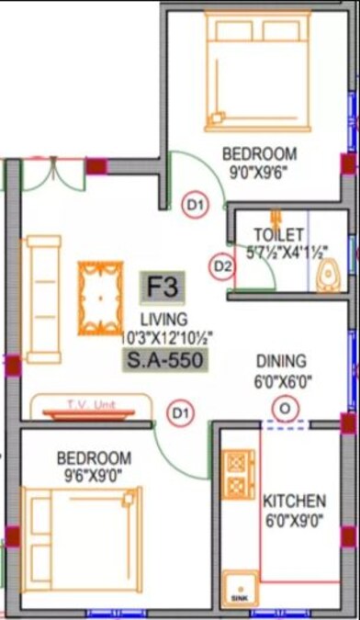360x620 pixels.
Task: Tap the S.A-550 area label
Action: [164, 359]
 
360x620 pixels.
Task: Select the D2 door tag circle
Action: [221, 266]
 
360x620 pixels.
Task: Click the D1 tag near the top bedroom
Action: [195, 206]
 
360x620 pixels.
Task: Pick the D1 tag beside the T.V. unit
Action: [180, 414]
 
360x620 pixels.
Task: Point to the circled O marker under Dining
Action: [286, 407]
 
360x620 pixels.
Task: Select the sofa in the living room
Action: [42, 298]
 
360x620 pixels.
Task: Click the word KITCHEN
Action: [294, 501]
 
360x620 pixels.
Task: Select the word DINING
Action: [281, 361]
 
